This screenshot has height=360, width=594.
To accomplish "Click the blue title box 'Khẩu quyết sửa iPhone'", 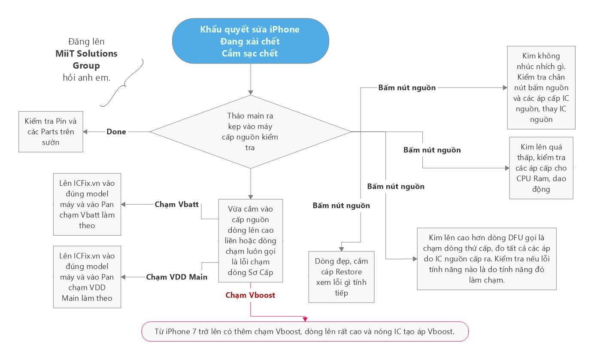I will (x=250, y=41).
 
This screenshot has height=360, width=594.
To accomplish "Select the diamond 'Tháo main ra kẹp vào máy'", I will (x=250, y=131).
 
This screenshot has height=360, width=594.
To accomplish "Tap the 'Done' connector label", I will (x=116, y=132).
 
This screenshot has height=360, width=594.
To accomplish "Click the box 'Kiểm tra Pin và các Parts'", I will (x=51, y=132).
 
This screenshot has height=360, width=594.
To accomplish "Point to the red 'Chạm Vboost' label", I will (x=250, y=295).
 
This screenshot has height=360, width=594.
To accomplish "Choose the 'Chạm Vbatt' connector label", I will (x=176, y=204).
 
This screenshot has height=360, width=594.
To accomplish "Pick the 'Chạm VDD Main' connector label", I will (x=176, y=277).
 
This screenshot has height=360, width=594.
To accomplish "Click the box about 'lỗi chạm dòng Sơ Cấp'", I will (x=250, y=240).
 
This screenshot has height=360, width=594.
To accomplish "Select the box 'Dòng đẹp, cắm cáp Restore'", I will (x=342, y=277).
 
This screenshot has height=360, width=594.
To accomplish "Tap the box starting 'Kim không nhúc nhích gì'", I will (x=541, y=88).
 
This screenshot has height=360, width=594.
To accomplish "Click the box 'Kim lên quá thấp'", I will (x=541, y=168).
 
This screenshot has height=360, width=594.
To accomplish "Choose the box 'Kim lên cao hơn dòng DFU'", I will (x=486, y=259).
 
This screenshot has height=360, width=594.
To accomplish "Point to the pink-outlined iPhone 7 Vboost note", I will (x=305, y=331).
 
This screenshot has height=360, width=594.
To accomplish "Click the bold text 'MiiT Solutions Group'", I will (x=86, y=60).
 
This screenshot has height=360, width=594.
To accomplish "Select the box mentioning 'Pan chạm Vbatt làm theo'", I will (x=87, y=204).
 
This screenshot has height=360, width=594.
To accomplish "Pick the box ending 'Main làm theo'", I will (x=87, y=277).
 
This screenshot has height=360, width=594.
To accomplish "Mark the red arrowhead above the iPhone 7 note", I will (x=305, y=319).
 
